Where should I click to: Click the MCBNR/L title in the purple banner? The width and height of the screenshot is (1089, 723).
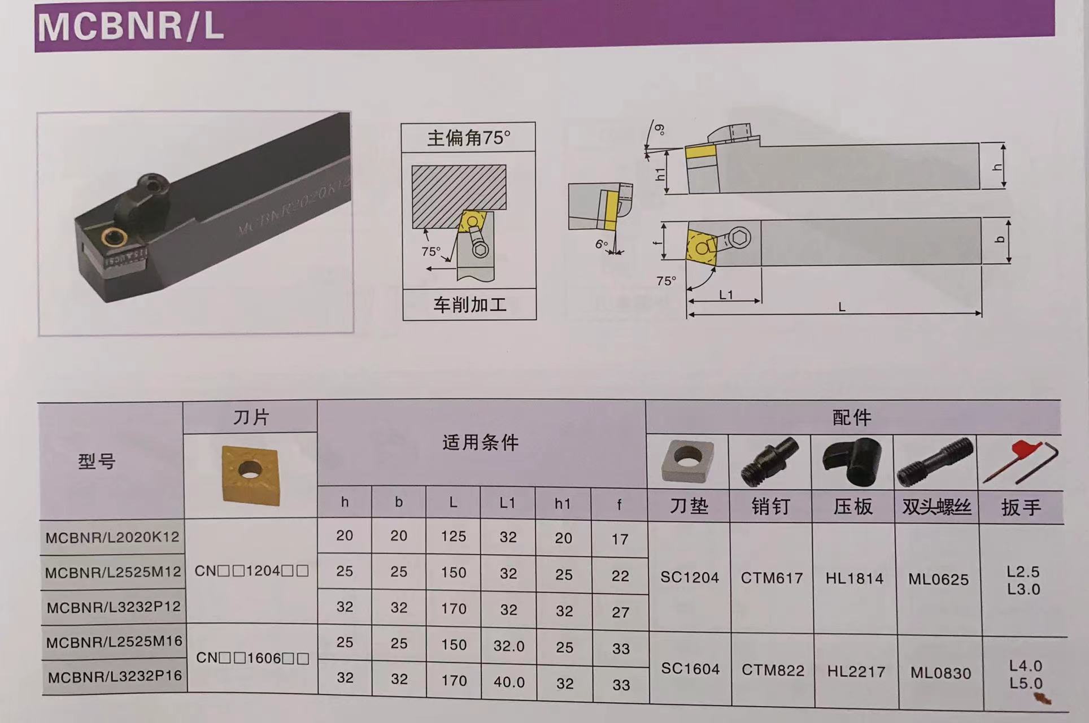tap(130, 27)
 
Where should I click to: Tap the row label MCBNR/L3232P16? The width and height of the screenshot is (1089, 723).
tap(115, 676)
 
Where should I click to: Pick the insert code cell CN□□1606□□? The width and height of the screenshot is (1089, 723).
tap(252, 659)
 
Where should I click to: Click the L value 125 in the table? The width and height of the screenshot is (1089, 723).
tap(453, 536)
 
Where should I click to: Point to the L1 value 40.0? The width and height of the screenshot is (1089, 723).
tap(509, 682)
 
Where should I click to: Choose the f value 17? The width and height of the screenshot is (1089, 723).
tap(620, 539)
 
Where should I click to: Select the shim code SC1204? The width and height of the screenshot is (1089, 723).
tap(690, 578)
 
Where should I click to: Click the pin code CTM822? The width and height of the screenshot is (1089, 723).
tap(772, 670)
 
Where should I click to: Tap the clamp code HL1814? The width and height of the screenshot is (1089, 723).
tap(854, 578)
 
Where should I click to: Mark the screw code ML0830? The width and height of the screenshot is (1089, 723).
tap(940, 673)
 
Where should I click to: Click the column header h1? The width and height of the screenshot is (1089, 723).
tap(562, 504)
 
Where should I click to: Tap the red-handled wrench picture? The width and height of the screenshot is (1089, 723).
tap(1020, 461)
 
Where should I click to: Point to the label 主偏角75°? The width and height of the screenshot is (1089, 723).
tap(468, 137)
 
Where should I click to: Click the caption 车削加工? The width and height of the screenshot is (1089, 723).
tap(469, 305)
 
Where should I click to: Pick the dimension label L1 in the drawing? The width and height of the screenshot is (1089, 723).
tap(726, 295)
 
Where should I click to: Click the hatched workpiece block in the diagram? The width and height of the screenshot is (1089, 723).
tap(458, 195)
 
